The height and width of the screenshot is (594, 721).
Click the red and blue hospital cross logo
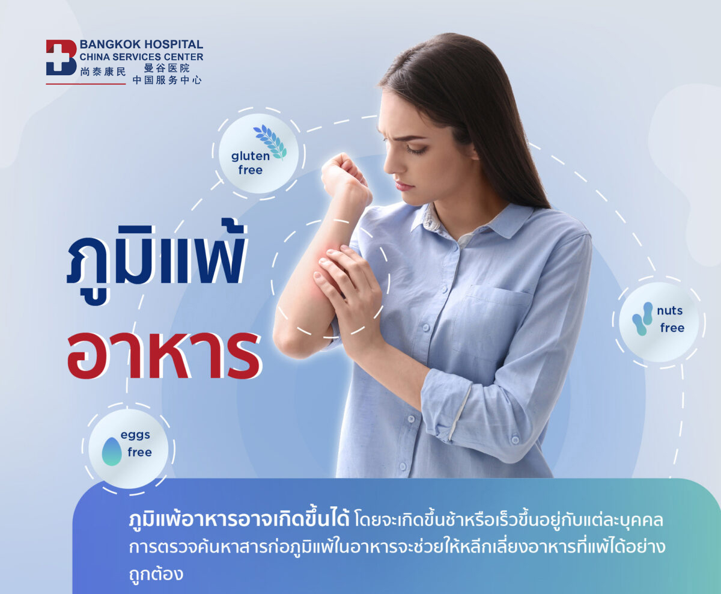click(61, 57)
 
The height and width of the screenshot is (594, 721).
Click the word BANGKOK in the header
click(110, 44)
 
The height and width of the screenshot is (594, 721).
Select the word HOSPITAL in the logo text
click(173, 44)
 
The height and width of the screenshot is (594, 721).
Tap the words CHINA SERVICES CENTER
click(141, 57)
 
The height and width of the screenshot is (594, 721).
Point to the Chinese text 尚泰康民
click(103, 72)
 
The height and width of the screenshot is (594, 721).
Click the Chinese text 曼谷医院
click(166, 68)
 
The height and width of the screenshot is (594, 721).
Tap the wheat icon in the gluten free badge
click(270, 142)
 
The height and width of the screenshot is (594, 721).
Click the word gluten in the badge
click(251, 156)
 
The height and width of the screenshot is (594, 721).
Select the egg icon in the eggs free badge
click(112, 451)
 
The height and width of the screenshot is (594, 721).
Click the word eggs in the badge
click(135, 435)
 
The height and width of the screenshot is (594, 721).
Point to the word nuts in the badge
click(669, 310)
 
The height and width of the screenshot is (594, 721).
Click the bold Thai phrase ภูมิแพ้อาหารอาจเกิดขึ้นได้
click(239, 520)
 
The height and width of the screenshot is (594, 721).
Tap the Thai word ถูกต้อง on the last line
click(156, 574)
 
